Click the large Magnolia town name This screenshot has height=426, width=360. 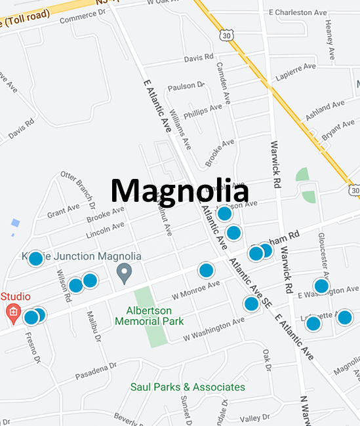pos(179,191)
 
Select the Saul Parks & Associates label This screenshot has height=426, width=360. pos(188,387)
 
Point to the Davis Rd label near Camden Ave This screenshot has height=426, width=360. pos(199,58)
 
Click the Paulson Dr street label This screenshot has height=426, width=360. pos(186,87)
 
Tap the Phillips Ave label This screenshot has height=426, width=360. pos(203,112)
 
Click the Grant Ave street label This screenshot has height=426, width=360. pos(64,212)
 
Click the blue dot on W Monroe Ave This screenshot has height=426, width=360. pos(207,270)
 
